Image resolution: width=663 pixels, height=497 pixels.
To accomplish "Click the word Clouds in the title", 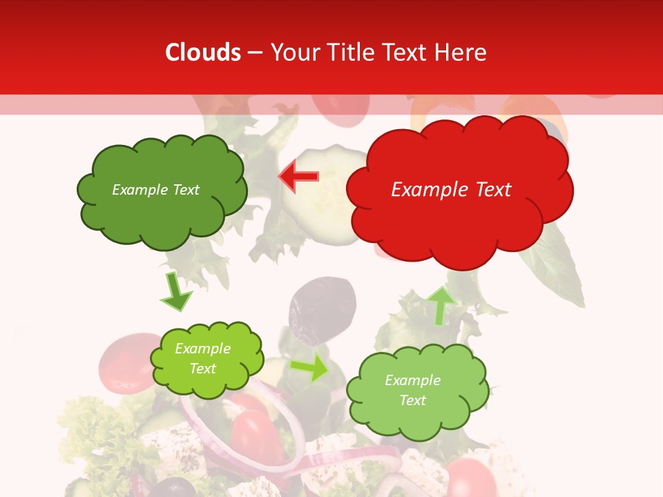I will tap(203, 52).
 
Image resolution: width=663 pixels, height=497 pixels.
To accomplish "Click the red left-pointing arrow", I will tap(298, 176).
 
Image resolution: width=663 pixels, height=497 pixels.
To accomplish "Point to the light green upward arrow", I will tap(440, 305).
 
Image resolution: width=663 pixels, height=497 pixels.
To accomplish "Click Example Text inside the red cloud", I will tap(451, 190).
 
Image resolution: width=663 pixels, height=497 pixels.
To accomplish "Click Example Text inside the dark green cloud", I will tap(155, 190).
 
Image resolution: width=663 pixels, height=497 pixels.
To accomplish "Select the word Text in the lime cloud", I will tap(203, 369).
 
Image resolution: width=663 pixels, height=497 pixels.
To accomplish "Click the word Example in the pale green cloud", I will tap(412, 380).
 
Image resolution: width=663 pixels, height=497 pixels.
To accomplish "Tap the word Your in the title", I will tap(291, 52).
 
